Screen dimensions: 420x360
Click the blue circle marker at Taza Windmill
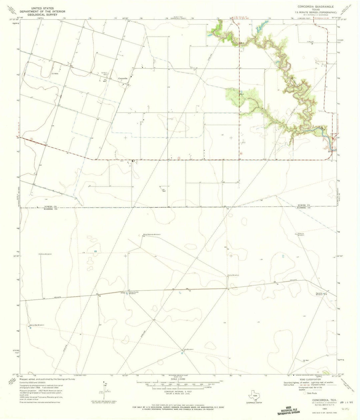[182, 353]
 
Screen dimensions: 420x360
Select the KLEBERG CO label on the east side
[304, 208]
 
